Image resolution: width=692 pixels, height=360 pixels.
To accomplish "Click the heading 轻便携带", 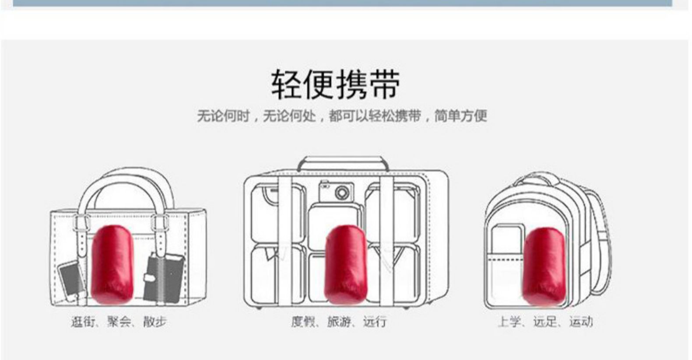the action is [335, 84].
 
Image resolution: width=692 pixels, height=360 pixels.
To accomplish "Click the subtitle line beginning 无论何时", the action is [341, 116].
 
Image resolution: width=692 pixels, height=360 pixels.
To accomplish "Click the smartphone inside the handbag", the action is [70, 280].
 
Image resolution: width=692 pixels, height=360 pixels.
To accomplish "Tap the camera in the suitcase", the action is [336, 191].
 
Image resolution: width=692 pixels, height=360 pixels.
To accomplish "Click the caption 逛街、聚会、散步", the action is [119, 322].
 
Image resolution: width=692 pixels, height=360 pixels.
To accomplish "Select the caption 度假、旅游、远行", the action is [339, 322].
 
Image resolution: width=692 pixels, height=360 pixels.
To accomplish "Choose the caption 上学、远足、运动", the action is [544, 322].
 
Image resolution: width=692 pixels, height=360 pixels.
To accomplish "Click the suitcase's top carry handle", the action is [343, 161].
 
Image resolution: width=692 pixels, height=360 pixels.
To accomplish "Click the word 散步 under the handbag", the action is [155, 322].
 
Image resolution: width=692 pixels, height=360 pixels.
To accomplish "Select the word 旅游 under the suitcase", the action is [339, 322].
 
